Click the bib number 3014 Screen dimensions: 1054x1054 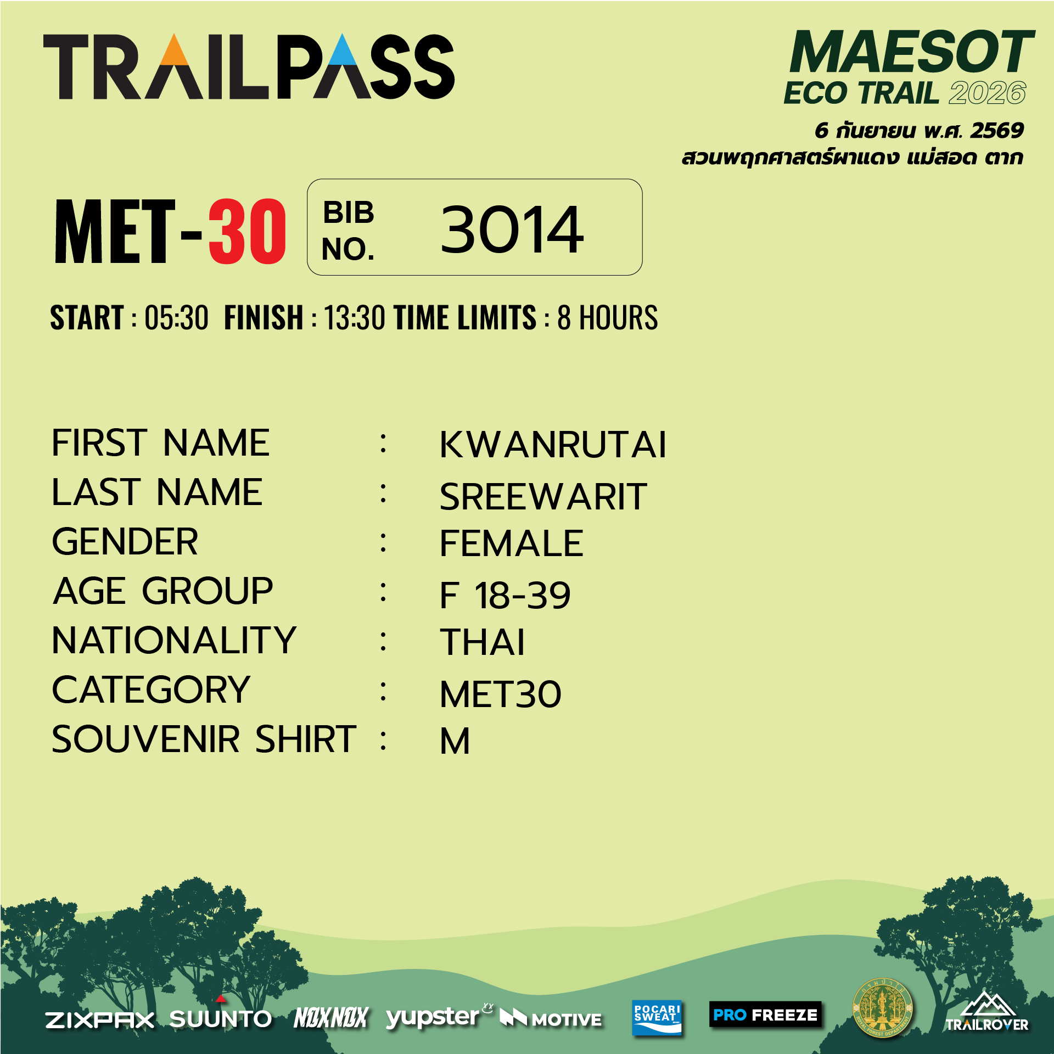point(512,229)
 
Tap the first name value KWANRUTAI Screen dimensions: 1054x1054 point(553,444)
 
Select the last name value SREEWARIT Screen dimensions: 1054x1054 point(543,497)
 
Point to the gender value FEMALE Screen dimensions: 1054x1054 point(511,543)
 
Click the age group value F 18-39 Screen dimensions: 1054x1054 point(505,595)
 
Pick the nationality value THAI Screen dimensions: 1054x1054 point(482,642)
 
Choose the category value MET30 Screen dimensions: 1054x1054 point(501,694)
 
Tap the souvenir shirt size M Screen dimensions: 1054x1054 point(455,741)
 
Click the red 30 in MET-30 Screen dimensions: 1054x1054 point(247,231)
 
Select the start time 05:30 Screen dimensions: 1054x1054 point(176,318)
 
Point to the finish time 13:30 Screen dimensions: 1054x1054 point(355,318)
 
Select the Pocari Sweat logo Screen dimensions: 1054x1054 point(657,1017)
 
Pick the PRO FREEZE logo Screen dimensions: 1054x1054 point(765,1014)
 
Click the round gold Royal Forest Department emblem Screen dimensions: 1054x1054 point(882,1008)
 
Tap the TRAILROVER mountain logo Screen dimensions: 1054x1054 point(986,1011)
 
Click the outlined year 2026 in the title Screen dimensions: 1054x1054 point(987,93)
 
